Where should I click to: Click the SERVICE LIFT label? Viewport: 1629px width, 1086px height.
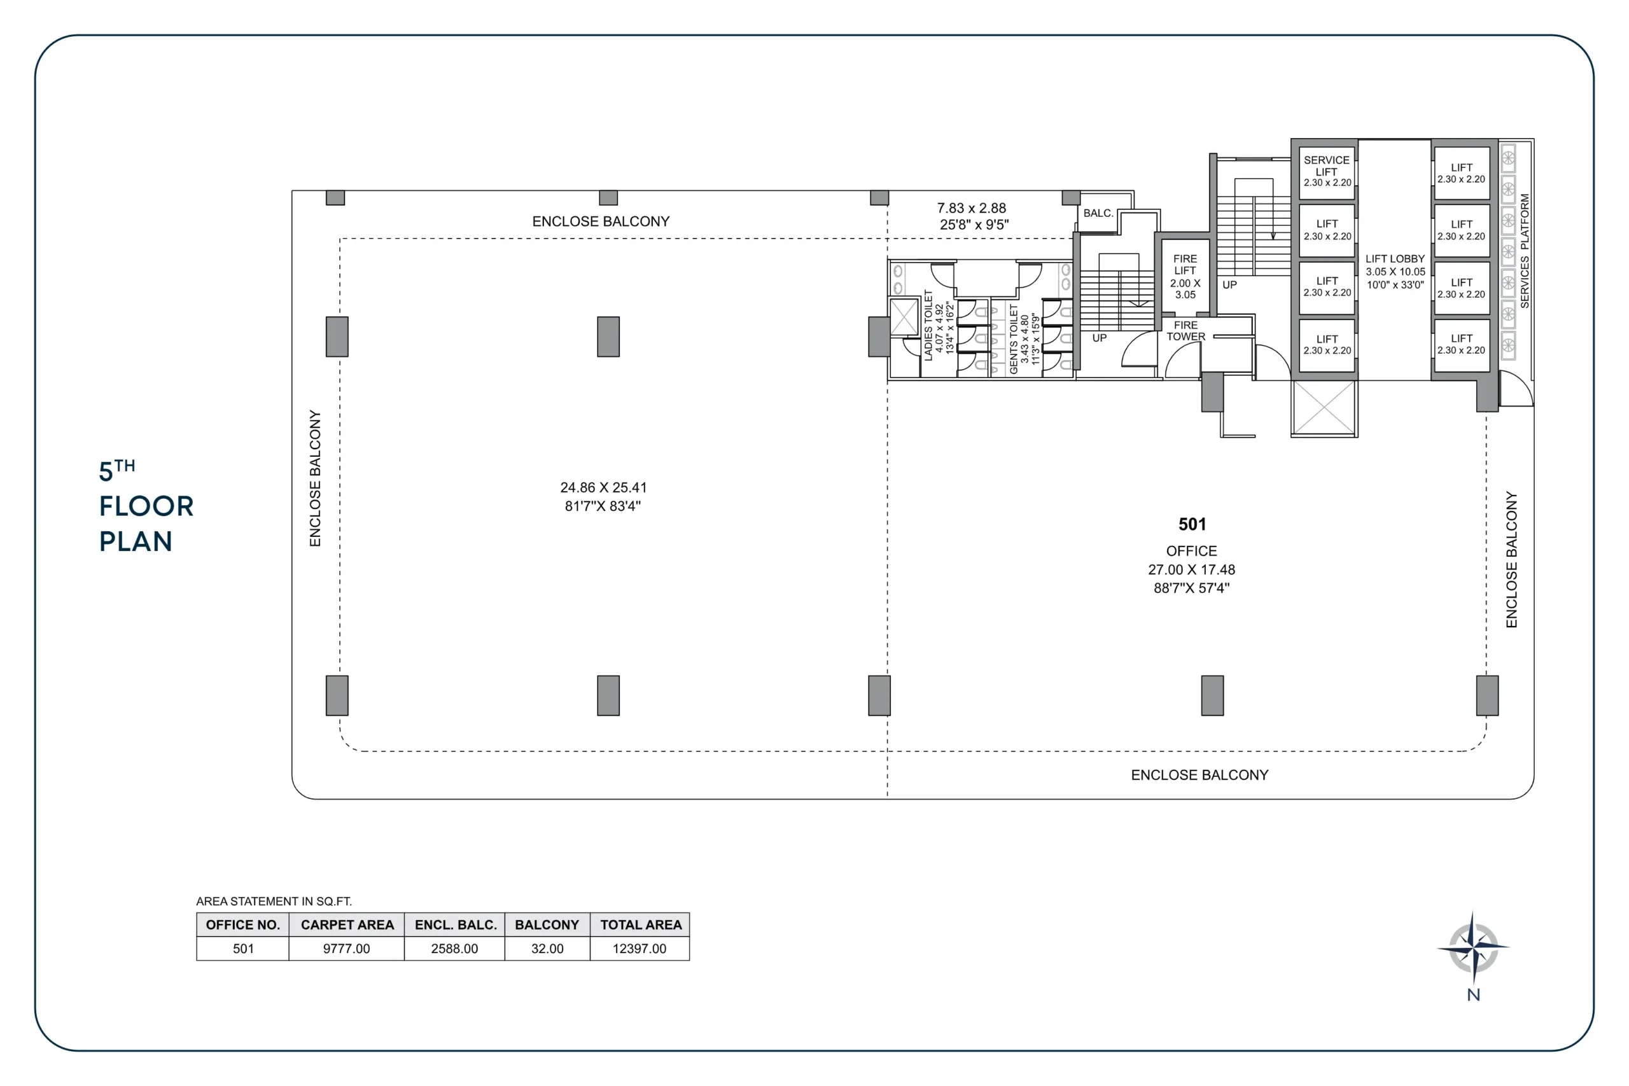[1326, 165]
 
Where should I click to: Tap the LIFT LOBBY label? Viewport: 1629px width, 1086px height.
[1395, 259]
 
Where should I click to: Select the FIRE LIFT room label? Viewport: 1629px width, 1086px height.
[1185, 265]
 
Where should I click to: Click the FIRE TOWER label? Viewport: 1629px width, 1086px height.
[1185, 331]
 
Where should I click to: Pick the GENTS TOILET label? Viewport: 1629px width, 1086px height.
[1014, 338]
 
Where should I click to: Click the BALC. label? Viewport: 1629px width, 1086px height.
[1098, 213]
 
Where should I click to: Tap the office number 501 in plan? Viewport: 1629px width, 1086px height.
[1192, 524]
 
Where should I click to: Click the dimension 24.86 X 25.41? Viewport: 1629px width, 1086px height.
[603, 487]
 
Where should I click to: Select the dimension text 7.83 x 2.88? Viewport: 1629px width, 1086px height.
[971, 208]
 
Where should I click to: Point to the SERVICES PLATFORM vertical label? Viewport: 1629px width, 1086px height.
[1525, 251]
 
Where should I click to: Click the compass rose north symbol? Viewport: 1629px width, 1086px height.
[1473, 948]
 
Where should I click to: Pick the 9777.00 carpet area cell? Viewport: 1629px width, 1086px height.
[346, 948]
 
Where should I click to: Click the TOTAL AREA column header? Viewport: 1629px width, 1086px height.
[641, 924]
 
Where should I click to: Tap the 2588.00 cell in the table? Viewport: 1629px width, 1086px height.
[454, 948]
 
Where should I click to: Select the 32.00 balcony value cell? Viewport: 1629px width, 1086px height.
[547, 948]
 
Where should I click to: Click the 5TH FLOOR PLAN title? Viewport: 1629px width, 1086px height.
[146, 506]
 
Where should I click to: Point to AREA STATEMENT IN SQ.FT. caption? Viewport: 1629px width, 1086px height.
[274, 901]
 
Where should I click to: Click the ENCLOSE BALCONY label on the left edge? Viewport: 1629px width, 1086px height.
[315, 478]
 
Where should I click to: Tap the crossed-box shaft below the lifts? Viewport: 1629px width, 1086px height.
[1324, 408]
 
